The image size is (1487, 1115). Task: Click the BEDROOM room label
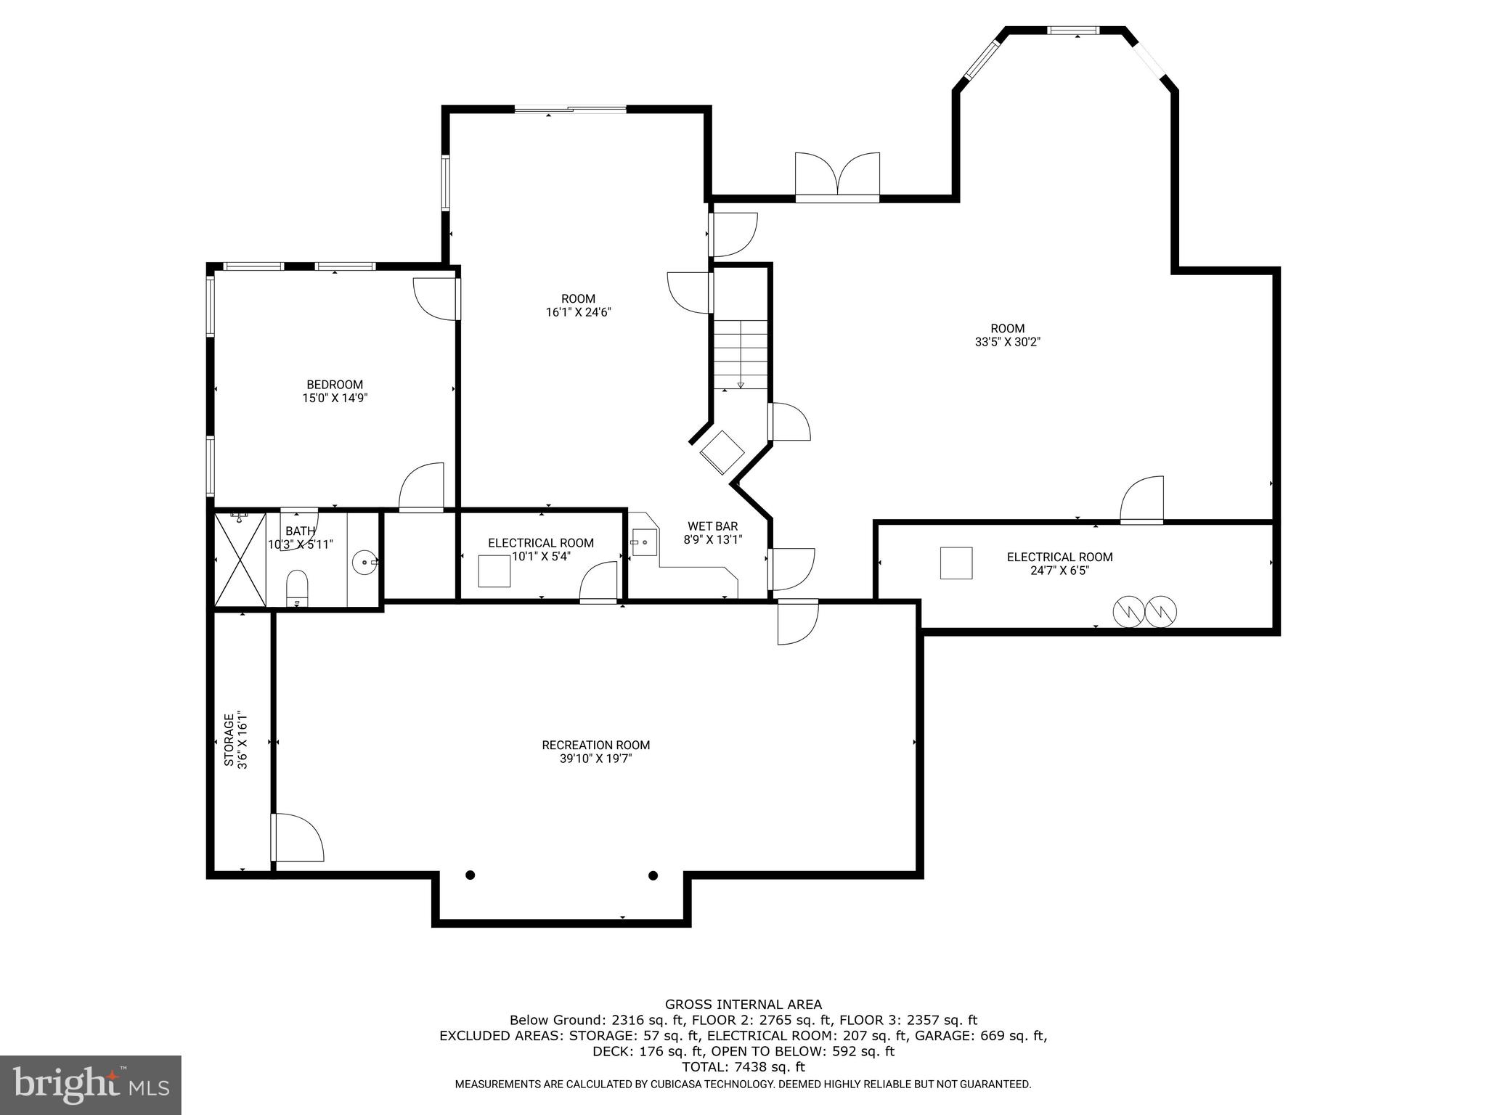coord(334,385)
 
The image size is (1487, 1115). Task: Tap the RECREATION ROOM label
coord(595,745)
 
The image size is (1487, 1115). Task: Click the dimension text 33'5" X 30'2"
coord(1007,342)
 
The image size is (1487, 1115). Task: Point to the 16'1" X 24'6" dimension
coord(578,312)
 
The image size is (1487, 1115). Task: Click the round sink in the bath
coord(364,561)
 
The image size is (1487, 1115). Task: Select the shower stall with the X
coord(240,559)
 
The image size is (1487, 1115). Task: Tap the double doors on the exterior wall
coord(837,176)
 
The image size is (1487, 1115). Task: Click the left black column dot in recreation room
coord(470,875)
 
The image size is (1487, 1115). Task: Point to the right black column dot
coord(653,875)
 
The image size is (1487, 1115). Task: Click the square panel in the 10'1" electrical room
coord(494,571)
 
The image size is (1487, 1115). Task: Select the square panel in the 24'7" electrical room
coord(956,563)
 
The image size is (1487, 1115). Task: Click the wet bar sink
coord(644,542)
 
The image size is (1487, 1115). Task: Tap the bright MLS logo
coord(90,1085)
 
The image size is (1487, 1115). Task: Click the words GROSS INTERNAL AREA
coord(743,1005)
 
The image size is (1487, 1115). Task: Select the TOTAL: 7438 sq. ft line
coord(743,1067)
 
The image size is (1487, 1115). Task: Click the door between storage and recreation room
coord(296,838)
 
